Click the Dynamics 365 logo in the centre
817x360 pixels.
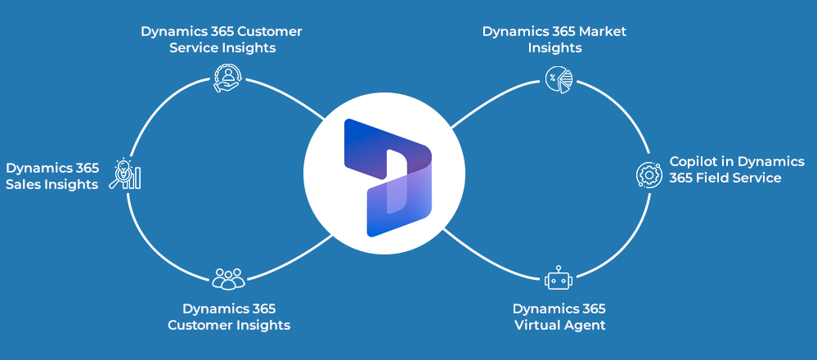point(388,178)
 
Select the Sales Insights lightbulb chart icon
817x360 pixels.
point(126,174)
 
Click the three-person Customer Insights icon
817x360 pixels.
point(228,278)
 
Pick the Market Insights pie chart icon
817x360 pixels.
point(559,79)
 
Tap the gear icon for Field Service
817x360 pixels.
point(649,174)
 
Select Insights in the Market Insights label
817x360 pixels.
point(554,48)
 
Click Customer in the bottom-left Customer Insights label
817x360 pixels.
point(200,326)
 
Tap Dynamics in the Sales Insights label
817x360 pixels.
point(38,168)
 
